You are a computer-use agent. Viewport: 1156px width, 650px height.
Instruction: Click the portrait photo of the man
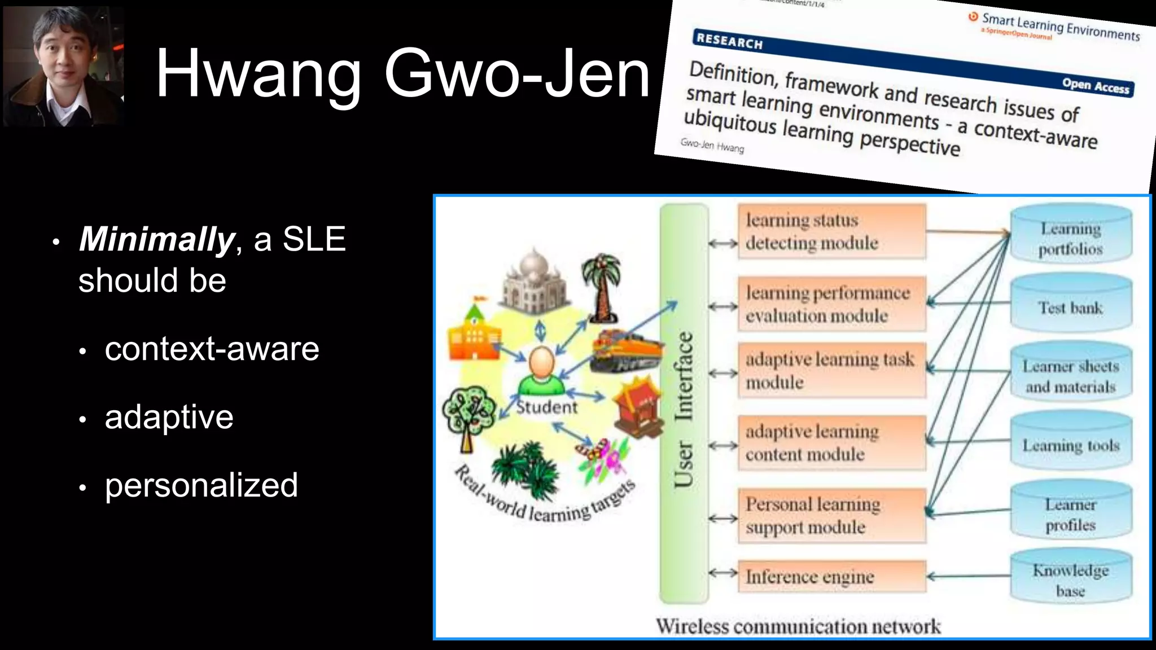coord(63,67)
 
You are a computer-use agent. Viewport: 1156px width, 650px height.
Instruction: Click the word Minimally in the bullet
coord(156,239)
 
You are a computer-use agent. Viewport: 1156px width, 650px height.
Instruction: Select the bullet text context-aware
coord(212,349)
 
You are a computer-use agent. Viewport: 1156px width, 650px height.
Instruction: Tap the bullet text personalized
coord(201,485)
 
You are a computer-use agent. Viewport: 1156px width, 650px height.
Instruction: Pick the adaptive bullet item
coord(169,417)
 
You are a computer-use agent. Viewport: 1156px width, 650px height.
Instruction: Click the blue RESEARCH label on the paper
coord(729,41)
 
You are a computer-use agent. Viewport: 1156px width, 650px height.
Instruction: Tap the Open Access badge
coord(1095,86)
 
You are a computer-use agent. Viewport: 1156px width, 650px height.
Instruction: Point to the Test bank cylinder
coord(1071,308)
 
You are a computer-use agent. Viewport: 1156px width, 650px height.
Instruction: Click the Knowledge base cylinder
coord(1071,580)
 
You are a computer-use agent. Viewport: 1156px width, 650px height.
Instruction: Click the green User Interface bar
coord(684,404)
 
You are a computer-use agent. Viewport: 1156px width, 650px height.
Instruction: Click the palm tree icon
coord(602,286)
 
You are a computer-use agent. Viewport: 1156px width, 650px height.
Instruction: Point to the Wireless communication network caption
coord(798,626)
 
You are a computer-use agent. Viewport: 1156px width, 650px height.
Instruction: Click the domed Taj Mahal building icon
coord(533,282)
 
